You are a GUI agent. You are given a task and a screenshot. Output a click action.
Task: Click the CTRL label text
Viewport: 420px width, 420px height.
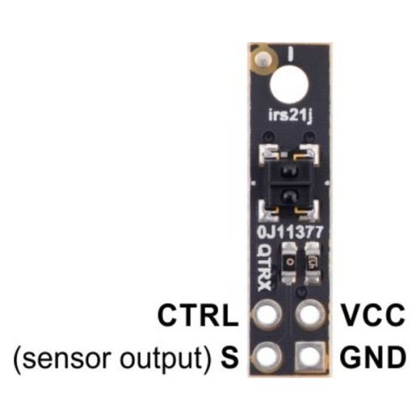pos(197,315)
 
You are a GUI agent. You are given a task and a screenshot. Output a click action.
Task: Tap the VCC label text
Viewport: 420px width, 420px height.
pos(374,315)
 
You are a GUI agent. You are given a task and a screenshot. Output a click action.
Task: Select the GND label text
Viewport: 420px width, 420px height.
pos(373,357)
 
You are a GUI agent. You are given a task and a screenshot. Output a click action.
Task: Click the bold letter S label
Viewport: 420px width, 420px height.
pos(229,357)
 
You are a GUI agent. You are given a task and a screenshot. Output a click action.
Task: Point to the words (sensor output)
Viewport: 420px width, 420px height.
pos(112,359)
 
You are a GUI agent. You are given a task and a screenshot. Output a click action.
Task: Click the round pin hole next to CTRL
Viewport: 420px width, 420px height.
pos(267,314)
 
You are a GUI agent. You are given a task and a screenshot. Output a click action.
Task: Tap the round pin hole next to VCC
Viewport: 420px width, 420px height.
pos(311,314)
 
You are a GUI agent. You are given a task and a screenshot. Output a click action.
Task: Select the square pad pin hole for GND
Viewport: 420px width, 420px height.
pos(311,356)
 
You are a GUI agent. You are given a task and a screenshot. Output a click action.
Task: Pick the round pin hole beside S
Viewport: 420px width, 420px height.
pos(267,356)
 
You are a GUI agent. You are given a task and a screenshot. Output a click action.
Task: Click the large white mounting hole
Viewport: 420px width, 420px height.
pos(290,85)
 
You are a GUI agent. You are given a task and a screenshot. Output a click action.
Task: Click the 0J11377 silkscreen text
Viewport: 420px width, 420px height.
pos(290,233)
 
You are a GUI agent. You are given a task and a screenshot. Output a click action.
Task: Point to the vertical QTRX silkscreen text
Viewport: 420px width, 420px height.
pos(264,268)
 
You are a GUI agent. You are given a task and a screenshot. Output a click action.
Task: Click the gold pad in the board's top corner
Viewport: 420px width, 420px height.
pos(264,60)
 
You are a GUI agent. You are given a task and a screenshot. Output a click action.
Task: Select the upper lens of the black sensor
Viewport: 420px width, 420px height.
pos(288,171)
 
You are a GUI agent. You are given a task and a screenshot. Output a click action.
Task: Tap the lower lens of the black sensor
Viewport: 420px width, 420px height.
pos(288,196)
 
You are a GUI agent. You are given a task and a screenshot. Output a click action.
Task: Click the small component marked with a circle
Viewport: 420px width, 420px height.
pos(290,263)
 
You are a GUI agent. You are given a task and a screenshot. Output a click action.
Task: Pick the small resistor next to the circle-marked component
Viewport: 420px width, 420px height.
pos(312,263)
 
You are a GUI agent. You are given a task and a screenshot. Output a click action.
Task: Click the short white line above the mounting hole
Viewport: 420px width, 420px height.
pos(291,54)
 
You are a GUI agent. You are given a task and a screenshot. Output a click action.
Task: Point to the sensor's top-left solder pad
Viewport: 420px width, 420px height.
pos(268,154)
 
